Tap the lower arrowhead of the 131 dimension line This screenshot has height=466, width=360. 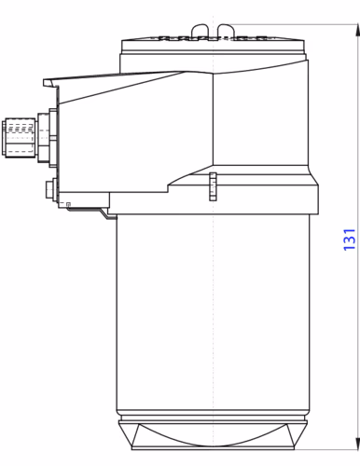click(x=354, y=445)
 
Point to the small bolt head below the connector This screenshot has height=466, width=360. click(x=48, y=188)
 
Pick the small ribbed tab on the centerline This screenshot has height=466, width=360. click(x=214, y=186)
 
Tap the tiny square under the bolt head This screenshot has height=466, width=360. click(x=68, y=203)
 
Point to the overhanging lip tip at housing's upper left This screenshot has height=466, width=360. click(x=48, y=81)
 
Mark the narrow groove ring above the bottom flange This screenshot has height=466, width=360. click(x=214, y=418)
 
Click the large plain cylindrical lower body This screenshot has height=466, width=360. click(x=214, y=317)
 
